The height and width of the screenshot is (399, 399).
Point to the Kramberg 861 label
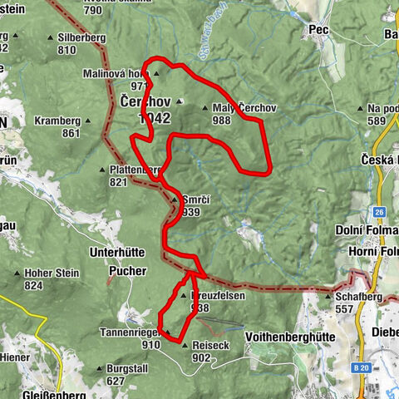(x=57, y=126)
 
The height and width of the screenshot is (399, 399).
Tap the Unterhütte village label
(x=116, y=254)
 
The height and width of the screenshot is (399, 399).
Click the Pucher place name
(x=126, y=271)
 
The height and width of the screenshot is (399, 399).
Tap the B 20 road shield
(x=359, y=367)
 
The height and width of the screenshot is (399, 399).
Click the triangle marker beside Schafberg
(x=330, y=296)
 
